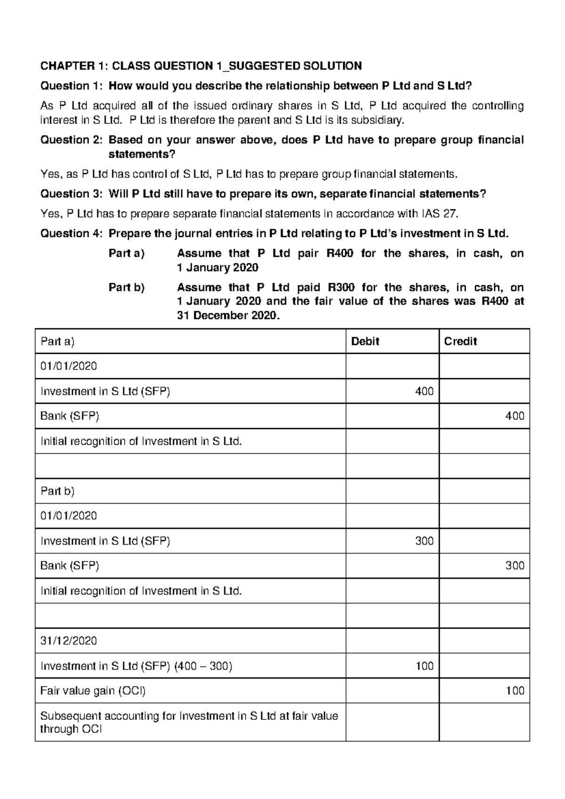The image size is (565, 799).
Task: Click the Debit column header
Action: click(365, 342)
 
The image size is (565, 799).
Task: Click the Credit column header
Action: click(460, 342)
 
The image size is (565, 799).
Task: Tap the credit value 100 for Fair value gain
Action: click(515, 691)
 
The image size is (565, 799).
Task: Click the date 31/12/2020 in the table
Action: click(69, 641)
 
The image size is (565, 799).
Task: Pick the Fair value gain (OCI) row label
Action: click(93, 691)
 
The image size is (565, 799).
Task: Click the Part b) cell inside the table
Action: click(57, 491)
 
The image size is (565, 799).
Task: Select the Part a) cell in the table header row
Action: click(57, 342)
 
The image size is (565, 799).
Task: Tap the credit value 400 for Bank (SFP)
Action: click(515, 416)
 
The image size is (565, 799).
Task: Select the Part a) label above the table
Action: click(126, 253)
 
